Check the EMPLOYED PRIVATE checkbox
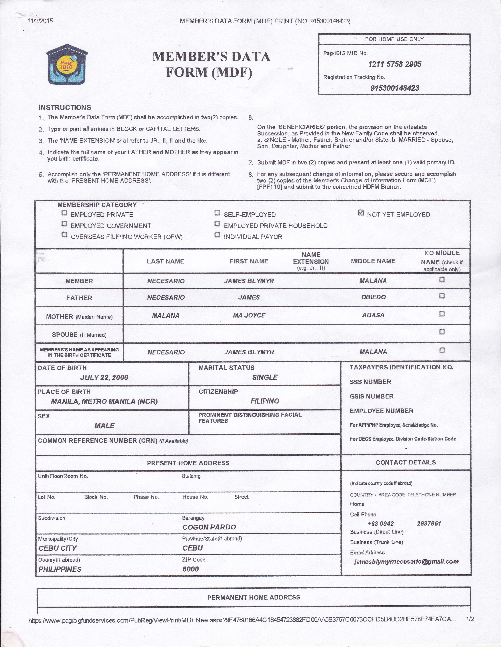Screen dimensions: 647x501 (64, 213)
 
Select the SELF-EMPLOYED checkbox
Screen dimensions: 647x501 (217, 213)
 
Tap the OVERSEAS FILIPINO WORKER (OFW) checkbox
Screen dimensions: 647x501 (64, 235)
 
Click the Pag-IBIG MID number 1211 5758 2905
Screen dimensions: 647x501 (394, 64)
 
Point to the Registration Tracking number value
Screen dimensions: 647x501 (394, 88)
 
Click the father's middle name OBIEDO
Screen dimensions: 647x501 (373, 297)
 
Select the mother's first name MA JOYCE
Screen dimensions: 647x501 (249, 315)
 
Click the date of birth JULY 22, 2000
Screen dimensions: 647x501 (104, 377)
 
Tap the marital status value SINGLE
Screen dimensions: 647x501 (265, 377)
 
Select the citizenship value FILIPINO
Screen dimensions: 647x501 (265, 401)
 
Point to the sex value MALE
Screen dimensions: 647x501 (104, 426)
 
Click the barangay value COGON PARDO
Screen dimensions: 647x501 (209, 527)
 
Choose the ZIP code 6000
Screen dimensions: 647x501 (190, 569)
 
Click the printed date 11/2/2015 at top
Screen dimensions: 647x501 (40, 21)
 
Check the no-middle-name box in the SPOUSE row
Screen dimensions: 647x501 (442, 332)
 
